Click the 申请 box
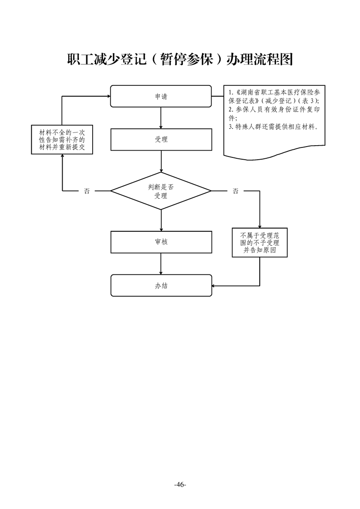(x=161, y=96)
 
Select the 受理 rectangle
(x=161, y=140)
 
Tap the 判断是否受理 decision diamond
(x=161, y=191)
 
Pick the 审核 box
(x=161, y=242)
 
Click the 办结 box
(x=161, y=286)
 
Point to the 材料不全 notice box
(x=62, y=140)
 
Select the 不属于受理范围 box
(x=260, y=243)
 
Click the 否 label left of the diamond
(x=87, y=191)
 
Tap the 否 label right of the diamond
(x=235, y=191)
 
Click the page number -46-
(x=180, y=485)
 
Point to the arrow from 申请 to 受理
(x=161, y=118)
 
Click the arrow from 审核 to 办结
(x=161, y=264)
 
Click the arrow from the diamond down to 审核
(x=161, y=220)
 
